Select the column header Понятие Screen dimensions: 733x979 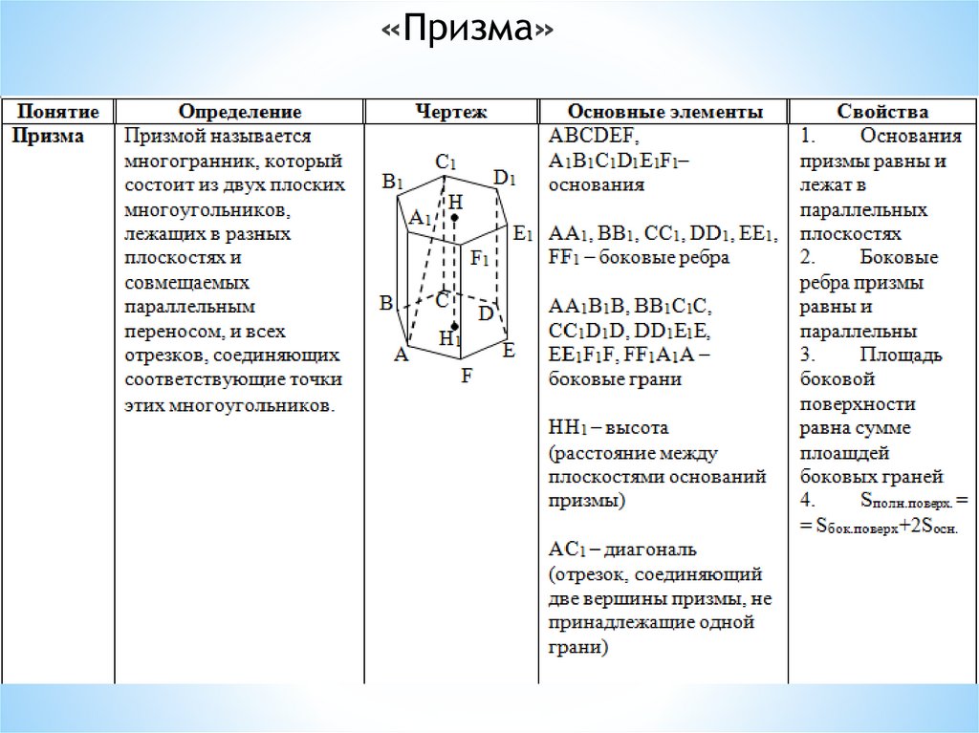57,112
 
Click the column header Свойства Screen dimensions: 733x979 882,112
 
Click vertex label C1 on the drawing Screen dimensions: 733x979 446,162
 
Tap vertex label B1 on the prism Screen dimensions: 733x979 394,181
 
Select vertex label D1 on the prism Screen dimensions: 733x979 505,178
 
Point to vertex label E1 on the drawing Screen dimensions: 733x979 522,232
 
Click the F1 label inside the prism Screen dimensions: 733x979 479,257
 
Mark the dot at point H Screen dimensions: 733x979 454,219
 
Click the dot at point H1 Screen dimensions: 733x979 455,327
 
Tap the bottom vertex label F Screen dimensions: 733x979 467,376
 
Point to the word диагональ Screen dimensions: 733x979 648,550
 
